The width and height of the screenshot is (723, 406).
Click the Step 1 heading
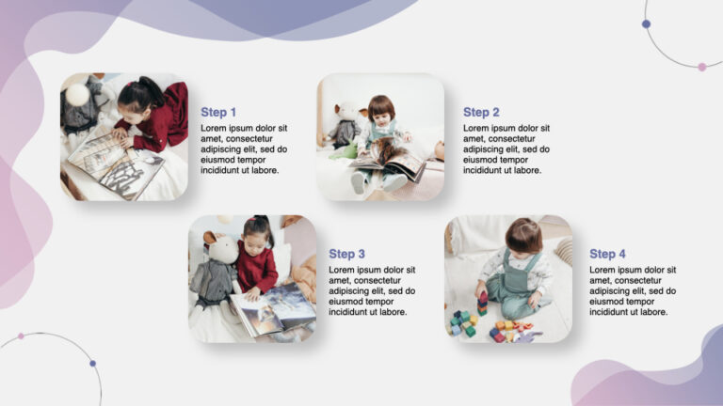pos(218,113)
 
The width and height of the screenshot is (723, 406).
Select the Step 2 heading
pos(481,113)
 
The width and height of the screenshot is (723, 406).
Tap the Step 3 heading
pos(346,254)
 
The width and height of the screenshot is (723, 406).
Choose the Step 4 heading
pos(607,254)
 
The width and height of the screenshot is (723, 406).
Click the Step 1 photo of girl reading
pos(124,137)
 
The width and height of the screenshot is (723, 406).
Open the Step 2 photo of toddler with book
pos(380,137)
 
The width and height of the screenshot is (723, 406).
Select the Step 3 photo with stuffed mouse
pos(252,278)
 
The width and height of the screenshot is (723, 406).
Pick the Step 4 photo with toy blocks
pos(508,278)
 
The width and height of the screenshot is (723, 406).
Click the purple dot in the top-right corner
pos(646,24)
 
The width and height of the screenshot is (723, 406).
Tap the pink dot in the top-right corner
pos(701,67)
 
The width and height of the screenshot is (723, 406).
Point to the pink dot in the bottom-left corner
pos(21,336)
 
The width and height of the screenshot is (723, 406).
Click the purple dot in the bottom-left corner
pos(92,363)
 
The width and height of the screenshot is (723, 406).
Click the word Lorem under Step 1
pos(215,129)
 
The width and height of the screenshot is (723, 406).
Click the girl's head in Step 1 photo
pos(138,94)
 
